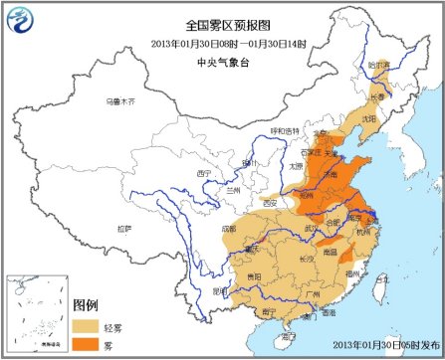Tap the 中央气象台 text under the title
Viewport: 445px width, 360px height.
(222, 57)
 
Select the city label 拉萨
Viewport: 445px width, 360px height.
(123, 228)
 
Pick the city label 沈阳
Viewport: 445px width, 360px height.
(370, 118)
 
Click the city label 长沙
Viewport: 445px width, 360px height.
(306, 260)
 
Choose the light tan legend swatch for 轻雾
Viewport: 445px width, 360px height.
(88, 324)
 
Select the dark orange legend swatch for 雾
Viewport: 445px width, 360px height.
(88, 343)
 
